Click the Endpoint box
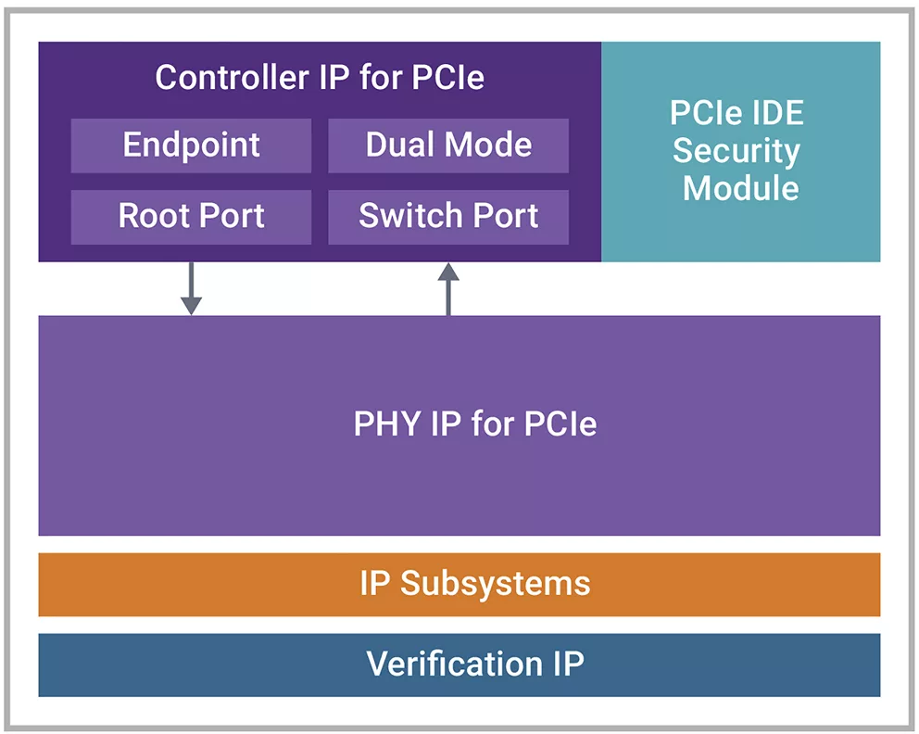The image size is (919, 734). [191, 146]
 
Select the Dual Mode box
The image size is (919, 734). [448, 146]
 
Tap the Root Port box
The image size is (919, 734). [191, 217]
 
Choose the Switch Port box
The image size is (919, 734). [448, 217]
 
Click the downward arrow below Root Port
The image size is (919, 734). [191, 288]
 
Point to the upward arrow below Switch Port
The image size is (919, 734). [448, 288]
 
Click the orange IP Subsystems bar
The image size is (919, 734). [459, 584]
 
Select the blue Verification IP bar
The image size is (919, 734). [459, 664]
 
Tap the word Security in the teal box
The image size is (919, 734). [736, 151]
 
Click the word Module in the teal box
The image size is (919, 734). [740, 188]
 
